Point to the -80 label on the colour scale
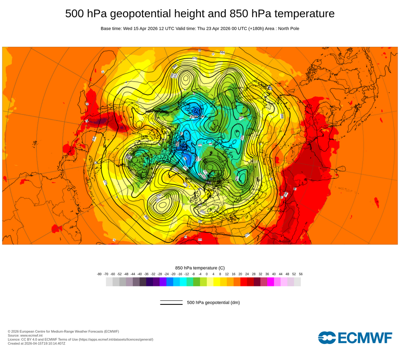(x=99, y=274)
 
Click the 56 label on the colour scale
(x=301, y=274)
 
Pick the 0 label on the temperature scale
(x=207, y=274)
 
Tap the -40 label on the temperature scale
(x=140, y=274)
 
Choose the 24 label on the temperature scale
(x=247, y=274)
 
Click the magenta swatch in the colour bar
(x=270, y=282)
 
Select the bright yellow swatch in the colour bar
(x=217, y=282)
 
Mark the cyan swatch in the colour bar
(x=183, y=282)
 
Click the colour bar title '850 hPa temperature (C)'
(x=200, y=268)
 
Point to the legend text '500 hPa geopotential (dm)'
(x=213, y=303)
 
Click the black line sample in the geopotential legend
(x=171, y=303)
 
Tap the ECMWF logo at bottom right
(x=355, y=338)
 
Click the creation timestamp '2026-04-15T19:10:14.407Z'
(x=44, y=344)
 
